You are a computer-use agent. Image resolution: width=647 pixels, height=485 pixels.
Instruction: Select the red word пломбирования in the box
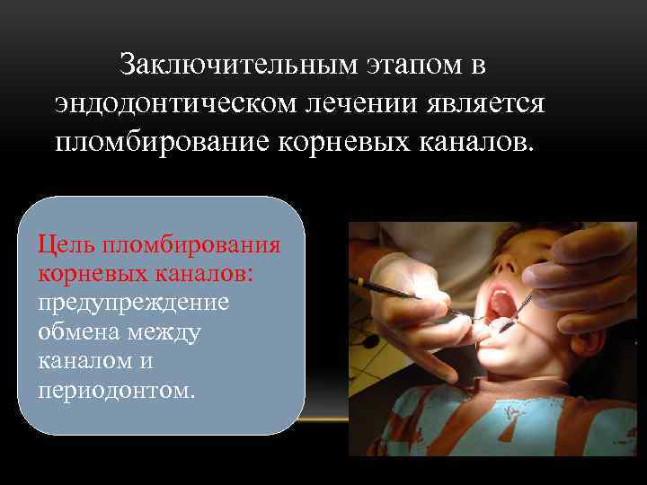click(x=191, y=244)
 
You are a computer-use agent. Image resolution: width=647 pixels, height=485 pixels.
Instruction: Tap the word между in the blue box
click(x=169, y=331)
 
